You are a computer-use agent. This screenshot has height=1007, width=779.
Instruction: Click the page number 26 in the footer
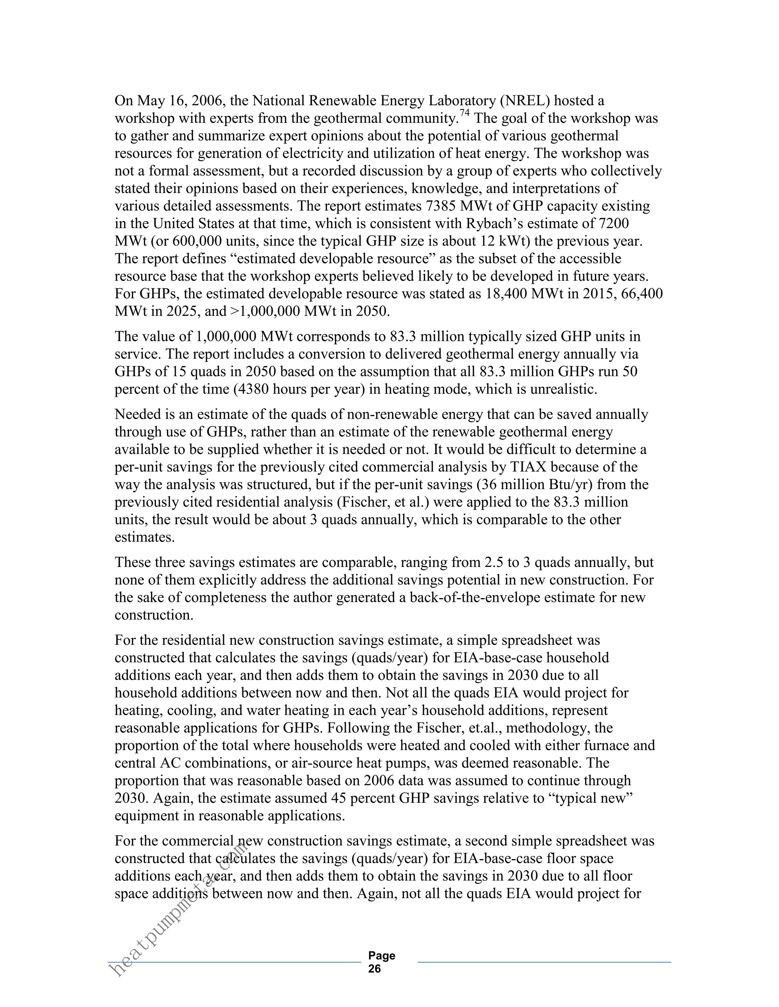pos(375,969)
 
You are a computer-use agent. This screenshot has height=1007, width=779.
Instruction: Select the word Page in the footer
pos(382,956)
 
